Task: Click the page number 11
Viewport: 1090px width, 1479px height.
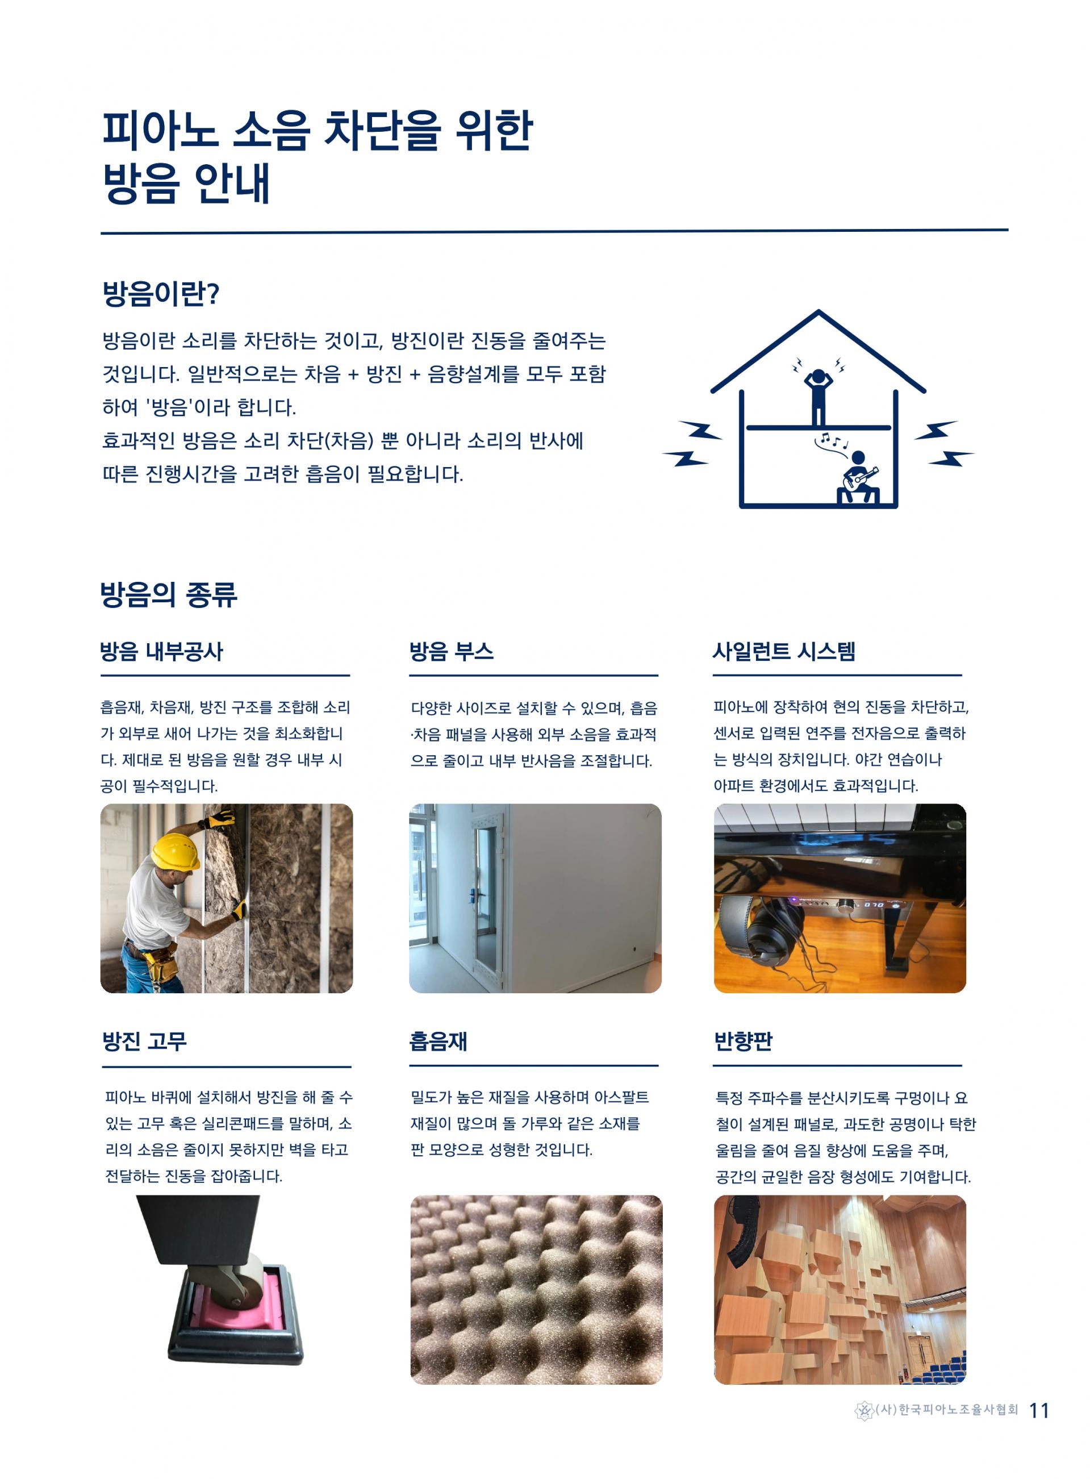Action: click(1039, 1410)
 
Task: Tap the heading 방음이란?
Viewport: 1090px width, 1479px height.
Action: click(161, 294)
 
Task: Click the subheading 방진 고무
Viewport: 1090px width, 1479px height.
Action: click(144, 1041)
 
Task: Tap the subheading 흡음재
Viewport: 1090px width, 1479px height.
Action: click(438, 1041)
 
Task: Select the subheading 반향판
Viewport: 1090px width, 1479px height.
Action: click(743, 1041)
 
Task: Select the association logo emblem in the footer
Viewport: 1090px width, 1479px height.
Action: click(864, 1411)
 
